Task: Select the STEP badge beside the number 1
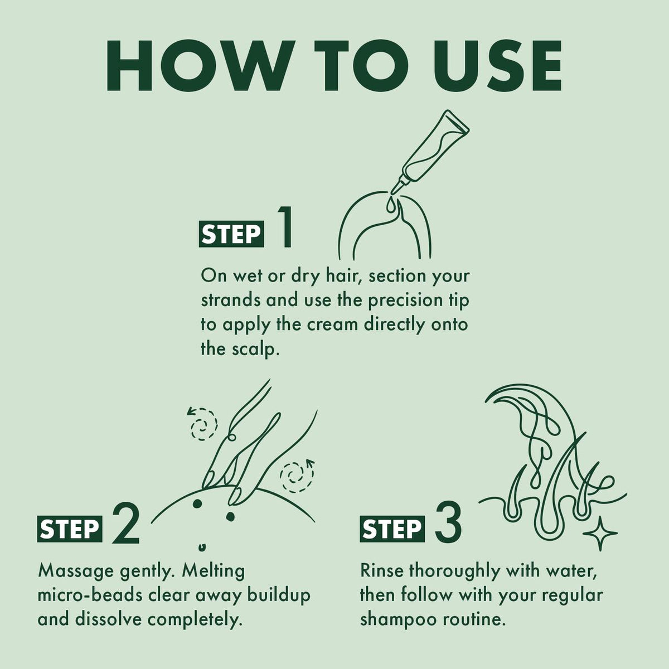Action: (231, 234)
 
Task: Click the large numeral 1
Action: (284, 227)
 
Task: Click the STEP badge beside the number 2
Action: (70, 529)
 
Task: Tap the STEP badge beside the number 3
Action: (392, 529)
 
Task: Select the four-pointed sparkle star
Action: (600, 542)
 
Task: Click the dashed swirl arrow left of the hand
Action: (202, 424)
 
